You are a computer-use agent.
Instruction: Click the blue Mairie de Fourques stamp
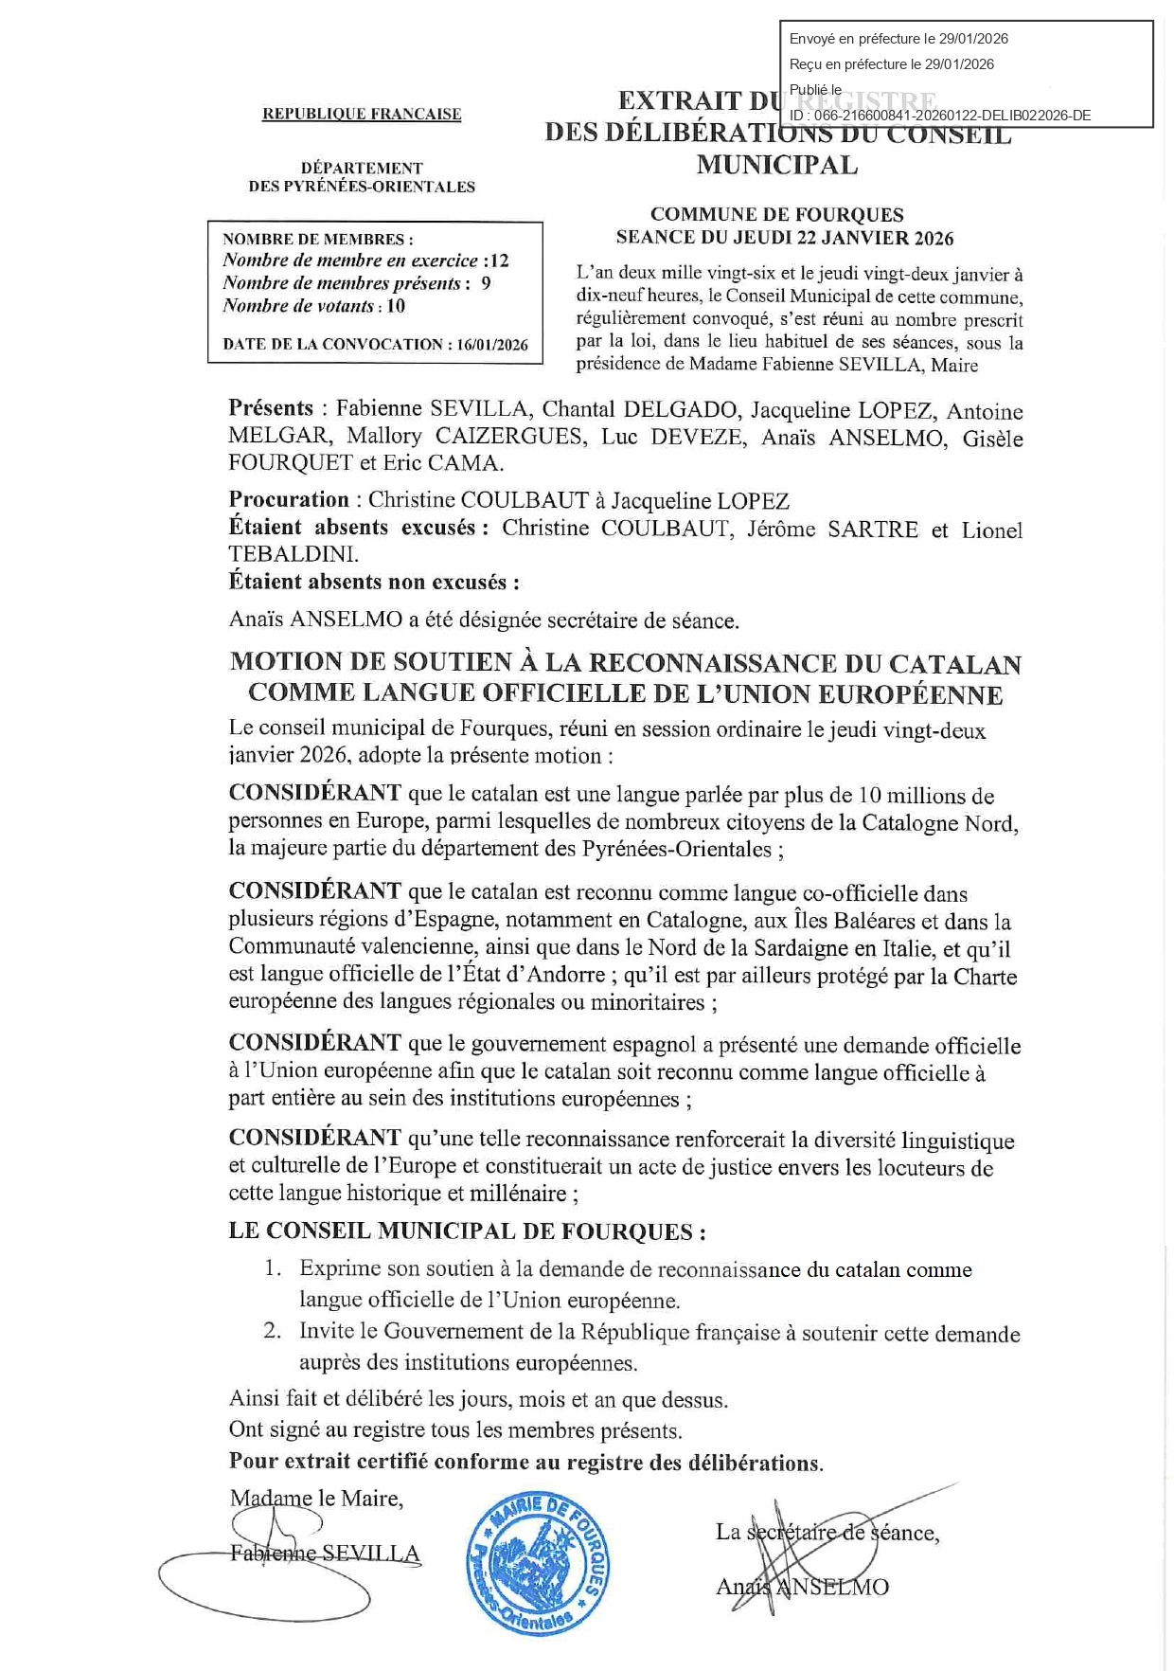pyautogui.click(x=538, y=1564)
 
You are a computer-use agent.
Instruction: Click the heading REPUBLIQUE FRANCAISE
pyautogui.click(x=362, y=114)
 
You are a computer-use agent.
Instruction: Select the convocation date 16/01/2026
pyautogui.click(x=492, y=345)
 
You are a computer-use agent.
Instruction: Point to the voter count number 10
pyautogui.click(x=396, y=306)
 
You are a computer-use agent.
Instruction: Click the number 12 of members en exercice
pyautogui.click(x=499, y=261)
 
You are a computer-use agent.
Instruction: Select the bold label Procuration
pyautogui.click(x=289, y=500)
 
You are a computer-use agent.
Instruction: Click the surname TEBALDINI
pyautogui.click(x=293, y=555)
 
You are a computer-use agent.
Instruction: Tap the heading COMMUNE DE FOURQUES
pyautogui.click(x=776, y=215)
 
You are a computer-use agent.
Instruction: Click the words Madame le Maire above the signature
pyautogui.click(x=316, y=1499)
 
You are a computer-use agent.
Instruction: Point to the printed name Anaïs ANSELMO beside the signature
pyautogui.click(x=802, y=1587)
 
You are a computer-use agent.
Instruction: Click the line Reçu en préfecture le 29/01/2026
pyautogui.click(x=891, y=64)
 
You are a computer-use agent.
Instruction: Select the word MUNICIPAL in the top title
pyautogui.click(x=777, y=165)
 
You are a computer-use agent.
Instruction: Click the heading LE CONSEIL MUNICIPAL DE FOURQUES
pyautogui.click(x=467, y=1231)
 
